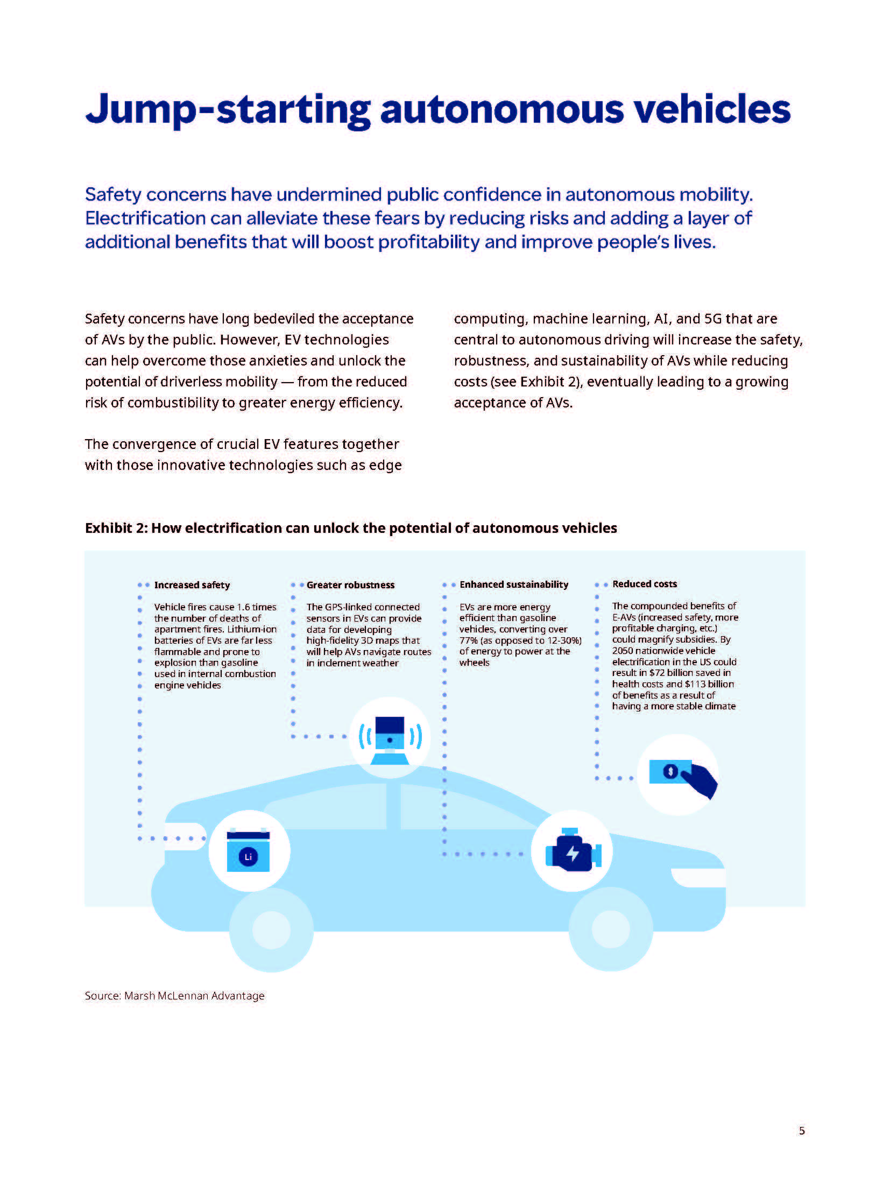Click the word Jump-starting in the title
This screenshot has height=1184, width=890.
(228, 110)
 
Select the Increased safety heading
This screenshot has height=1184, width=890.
(192, 585)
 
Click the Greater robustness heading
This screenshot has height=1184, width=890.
(350, 585)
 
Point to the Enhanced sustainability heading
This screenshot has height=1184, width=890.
(513, 584)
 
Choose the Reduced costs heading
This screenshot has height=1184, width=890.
(644, 584)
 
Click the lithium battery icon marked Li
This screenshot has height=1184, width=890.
(249, 851)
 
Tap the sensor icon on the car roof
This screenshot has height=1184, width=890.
(390, 738)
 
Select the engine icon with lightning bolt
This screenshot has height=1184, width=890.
(572, 851)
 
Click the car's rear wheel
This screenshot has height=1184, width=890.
(271, 929)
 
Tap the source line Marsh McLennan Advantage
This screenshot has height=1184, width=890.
(174, 996)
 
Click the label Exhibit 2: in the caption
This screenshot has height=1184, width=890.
(116, 528)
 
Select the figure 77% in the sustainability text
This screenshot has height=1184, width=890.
(468, 640)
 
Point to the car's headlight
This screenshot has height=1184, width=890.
(698, 877)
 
